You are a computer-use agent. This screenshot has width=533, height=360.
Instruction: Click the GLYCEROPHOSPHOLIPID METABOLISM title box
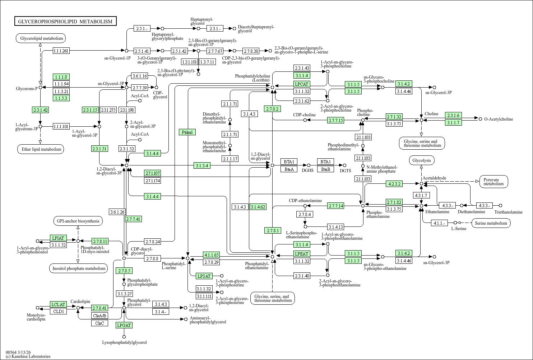[65, 21]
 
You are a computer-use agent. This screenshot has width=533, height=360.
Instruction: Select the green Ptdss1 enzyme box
[187, 132]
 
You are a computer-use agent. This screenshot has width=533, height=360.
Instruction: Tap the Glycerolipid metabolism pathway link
[41, 38]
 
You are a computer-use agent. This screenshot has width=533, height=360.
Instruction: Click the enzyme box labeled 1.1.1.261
[61, 51]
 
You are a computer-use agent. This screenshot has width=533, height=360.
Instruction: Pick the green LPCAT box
[302, 84]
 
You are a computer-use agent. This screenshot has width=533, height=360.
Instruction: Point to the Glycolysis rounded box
[422, 160]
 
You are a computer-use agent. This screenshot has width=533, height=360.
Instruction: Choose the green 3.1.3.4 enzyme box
[202, 165]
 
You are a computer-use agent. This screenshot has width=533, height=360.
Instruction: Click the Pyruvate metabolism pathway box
[493, 182]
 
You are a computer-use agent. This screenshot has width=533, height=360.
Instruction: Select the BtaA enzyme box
[289, 169]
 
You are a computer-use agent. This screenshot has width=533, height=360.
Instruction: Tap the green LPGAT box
[124, 325]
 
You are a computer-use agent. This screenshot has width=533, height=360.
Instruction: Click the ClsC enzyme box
[100, 323]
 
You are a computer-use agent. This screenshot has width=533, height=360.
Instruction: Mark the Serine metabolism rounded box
[491, 223]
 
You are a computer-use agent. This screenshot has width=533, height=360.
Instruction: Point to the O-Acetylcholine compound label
[499, 119]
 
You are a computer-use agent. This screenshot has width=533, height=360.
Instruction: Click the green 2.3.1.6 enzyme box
[453, 115]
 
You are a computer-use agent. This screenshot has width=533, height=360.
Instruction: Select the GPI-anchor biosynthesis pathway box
[78, 221]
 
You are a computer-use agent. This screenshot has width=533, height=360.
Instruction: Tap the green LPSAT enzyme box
[204, 276]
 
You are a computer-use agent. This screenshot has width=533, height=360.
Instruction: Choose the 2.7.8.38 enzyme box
[251, 51]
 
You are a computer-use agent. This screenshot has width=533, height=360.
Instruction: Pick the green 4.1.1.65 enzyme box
[212, 255]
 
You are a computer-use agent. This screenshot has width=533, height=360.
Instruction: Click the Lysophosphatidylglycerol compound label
[124, 342]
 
